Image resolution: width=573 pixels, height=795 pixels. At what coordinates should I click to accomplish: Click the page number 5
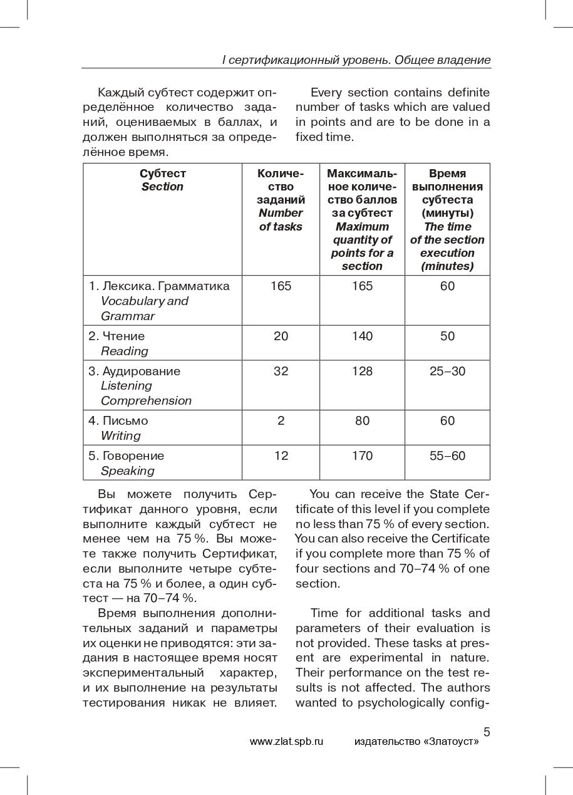coord(487,732)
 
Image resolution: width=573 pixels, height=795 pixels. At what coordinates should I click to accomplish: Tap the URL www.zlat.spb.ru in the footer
coord(286,742)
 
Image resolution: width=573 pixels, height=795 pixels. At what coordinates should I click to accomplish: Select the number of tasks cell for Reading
coord(281,336)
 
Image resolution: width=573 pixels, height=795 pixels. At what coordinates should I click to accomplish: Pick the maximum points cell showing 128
coord(362,372)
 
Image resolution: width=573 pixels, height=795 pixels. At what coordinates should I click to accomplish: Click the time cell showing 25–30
coord(447,372)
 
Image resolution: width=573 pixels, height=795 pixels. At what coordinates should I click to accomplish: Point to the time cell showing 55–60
coord(447,456)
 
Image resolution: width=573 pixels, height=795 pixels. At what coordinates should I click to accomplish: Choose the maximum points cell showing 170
coord(362,456)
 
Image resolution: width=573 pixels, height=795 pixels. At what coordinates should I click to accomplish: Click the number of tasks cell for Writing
coord(281,421)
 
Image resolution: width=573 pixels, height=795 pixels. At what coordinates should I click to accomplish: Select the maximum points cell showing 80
coord(362,421)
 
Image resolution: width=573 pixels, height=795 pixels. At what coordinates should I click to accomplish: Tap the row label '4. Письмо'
coord(118,421)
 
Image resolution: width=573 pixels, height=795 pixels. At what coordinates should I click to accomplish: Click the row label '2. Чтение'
coord(116,336)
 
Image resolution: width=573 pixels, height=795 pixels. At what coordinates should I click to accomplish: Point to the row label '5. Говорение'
coord(126,456)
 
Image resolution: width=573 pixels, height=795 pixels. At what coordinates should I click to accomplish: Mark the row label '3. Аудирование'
coord(134,372)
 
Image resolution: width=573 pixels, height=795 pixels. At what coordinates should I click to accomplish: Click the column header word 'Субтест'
coord(162,174)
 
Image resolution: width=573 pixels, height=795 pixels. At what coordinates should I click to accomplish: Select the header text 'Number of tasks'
coord(281,220)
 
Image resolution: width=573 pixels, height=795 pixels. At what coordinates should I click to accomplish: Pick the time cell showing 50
coord(447,336)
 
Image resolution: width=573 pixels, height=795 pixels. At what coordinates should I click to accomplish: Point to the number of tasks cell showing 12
coord(281,456)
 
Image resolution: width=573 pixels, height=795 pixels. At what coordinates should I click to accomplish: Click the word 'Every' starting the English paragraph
coord(326,93)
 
